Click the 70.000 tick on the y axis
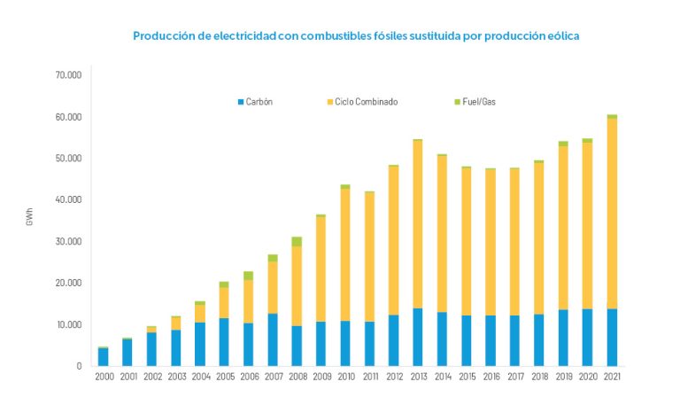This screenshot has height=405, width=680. pos(68,75)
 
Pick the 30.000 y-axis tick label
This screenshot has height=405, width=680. pos(68,241)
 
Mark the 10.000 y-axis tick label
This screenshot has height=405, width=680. pos(68,324)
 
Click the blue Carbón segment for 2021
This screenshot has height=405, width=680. pos(612,337)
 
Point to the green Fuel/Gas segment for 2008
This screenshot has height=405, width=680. pos(297,241)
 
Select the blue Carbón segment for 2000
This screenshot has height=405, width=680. pos(104,356)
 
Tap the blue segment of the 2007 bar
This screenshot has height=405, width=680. pos(273,339)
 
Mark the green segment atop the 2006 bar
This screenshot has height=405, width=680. pos(249,276)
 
